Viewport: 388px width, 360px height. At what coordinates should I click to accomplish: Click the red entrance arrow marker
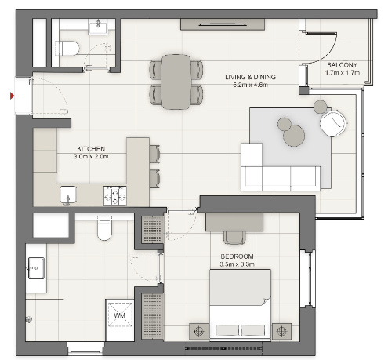12,96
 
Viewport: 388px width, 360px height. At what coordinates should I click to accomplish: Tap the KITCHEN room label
91,149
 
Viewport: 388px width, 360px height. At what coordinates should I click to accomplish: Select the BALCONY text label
342,65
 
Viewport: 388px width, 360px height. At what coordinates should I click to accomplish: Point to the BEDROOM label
237,256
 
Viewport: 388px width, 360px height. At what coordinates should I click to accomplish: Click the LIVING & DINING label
250,77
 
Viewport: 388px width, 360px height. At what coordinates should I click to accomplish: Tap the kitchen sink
68,195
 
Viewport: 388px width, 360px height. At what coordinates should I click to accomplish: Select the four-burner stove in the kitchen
115,195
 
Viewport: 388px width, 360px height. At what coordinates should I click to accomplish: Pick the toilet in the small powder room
67,48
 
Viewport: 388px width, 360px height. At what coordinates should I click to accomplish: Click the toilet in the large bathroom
104,228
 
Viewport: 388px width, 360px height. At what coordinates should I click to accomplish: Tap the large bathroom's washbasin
36,268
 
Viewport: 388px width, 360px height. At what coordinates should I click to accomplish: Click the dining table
176,82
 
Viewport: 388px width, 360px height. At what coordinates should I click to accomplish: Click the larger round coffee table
294,135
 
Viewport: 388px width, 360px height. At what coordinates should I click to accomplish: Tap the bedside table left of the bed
199,331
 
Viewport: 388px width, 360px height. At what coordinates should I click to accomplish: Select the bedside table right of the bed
281,331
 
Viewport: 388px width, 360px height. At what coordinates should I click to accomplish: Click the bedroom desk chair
234,238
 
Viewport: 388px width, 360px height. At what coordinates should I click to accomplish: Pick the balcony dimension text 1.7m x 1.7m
343,72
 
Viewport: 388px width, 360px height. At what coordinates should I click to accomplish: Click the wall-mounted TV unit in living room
223,24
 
